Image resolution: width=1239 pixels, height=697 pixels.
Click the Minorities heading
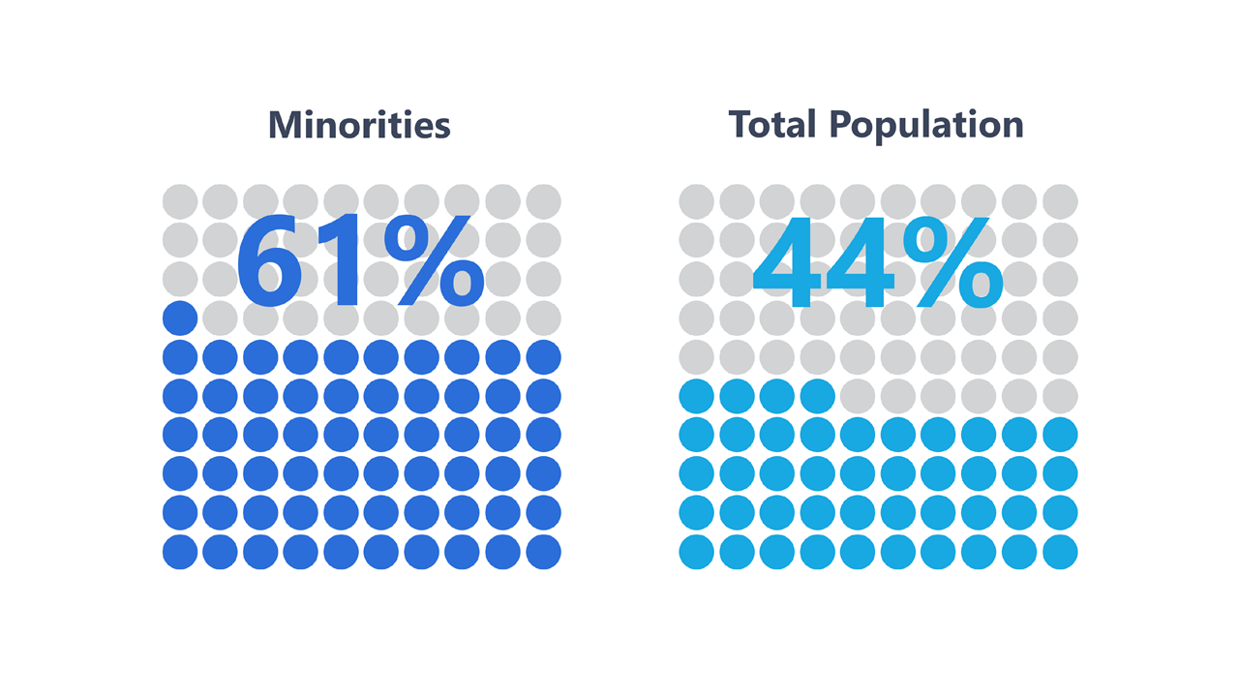pyautogui.click(x=359, y=125)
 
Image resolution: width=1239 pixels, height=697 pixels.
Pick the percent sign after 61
pyautogui.click(x=433, y=261)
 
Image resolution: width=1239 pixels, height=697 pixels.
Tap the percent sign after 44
pyautogui.click(x=951, y=261)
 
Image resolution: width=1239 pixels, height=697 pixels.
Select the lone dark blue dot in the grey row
pyautogui.click(x=180, y=318)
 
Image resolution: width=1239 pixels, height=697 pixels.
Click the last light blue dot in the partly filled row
pyautogui.click(x=818, y=396)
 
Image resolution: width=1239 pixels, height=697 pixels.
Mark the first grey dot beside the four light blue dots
pyautogui.click(x=858, y=396)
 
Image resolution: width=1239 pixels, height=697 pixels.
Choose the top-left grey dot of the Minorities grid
pyautogui.click(x=180, y=201)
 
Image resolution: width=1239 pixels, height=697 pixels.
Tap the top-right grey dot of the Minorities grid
pyautogui.click(x=543, y=201)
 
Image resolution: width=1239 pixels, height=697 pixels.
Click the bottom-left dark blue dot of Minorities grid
pyautogui.click(x=180, y=552)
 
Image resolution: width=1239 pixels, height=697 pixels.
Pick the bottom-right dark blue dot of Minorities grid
pyautogui.click(x=543, y=552)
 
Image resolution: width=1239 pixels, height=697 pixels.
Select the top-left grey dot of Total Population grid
pyautogui.click(x=697, y=201)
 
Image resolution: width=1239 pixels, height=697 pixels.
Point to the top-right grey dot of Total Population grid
pyautogui.click(x=1060, y=201)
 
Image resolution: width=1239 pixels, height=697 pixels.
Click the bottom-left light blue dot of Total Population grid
pyautogui.click(x=697, y=552)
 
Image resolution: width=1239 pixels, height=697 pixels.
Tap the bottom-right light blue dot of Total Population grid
pyautogui.click(x=1060, y=552)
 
